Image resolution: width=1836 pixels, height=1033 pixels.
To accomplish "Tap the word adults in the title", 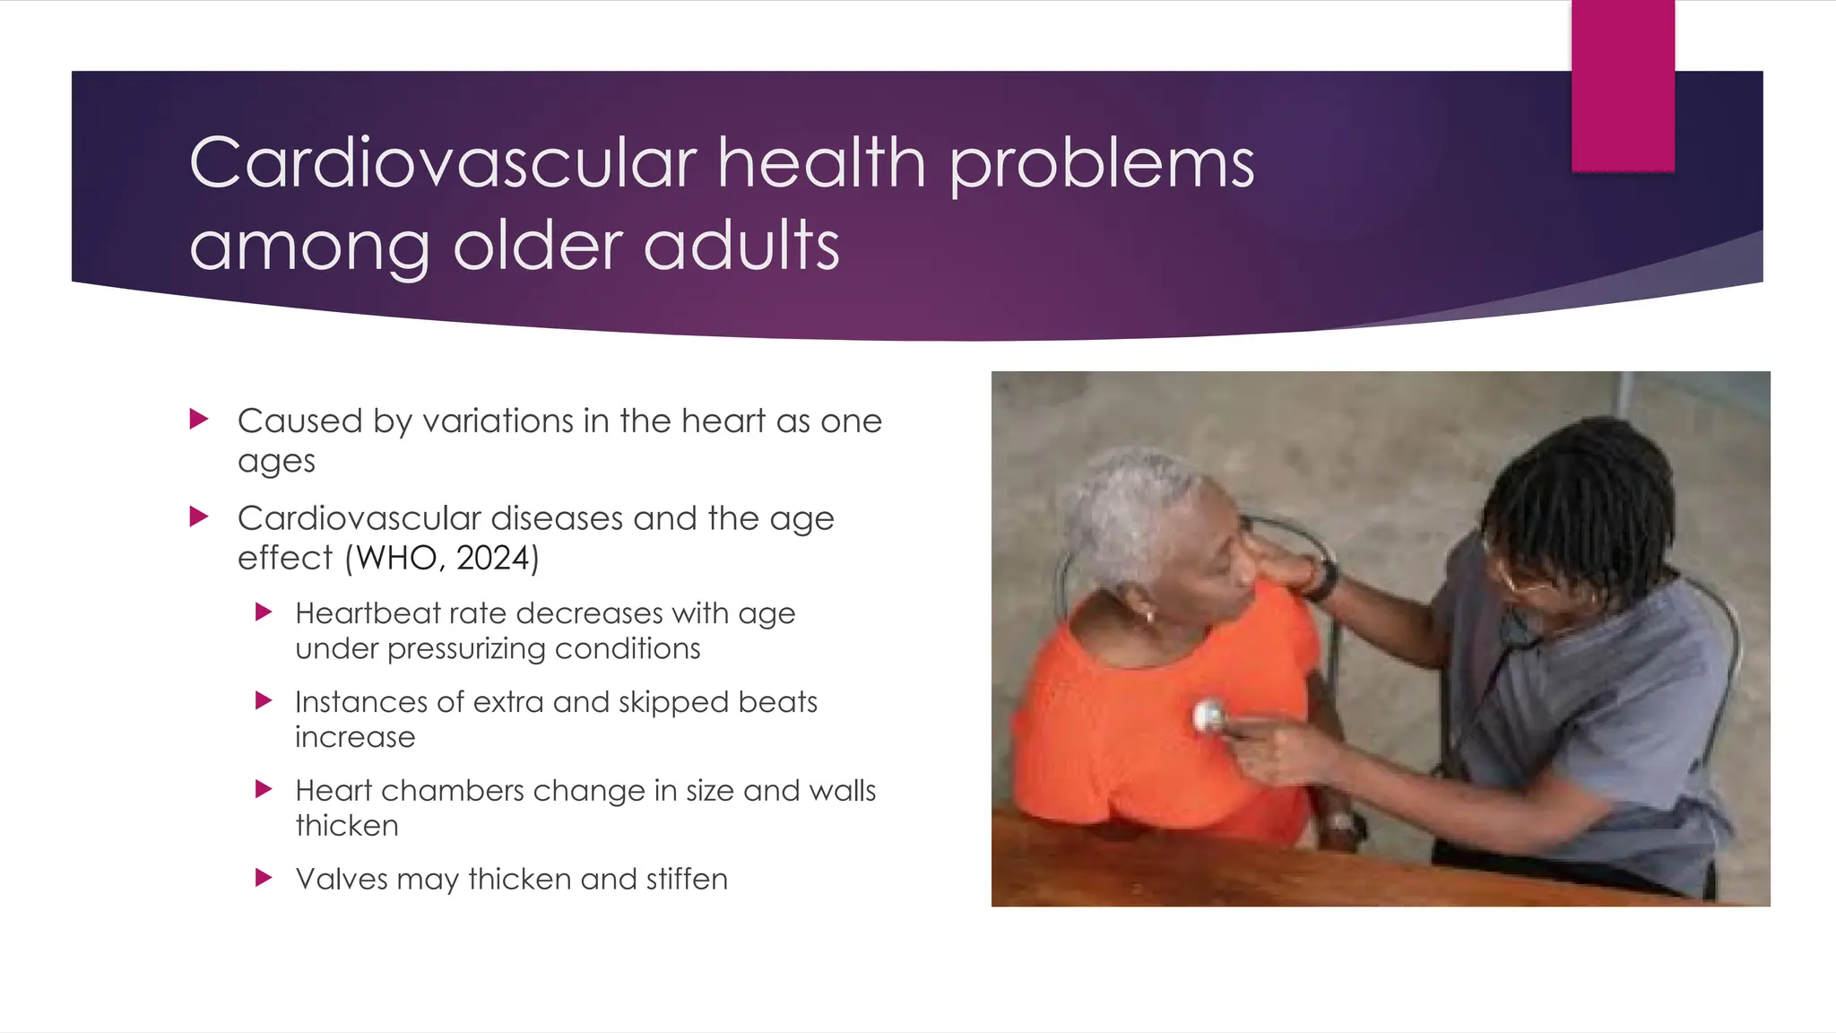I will tap(741, 246).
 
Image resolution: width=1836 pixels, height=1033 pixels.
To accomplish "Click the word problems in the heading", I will tap(1102, 166).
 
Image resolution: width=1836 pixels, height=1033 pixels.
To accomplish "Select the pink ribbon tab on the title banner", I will tap(1623, 85).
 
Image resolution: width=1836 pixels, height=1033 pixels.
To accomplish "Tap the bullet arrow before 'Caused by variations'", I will tap(199, 419).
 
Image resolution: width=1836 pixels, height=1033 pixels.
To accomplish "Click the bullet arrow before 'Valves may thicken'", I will tap(264, 877).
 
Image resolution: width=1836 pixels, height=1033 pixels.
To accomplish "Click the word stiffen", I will tap(687, 879).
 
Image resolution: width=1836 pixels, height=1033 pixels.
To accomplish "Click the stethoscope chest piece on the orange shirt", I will tap(1209, 716).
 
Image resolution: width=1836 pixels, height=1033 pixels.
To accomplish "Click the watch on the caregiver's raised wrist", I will tap(1321, 578).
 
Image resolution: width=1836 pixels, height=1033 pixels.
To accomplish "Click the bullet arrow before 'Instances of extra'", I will tap(264, 700).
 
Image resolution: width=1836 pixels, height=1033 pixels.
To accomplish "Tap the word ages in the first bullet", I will tap(276, 462).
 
